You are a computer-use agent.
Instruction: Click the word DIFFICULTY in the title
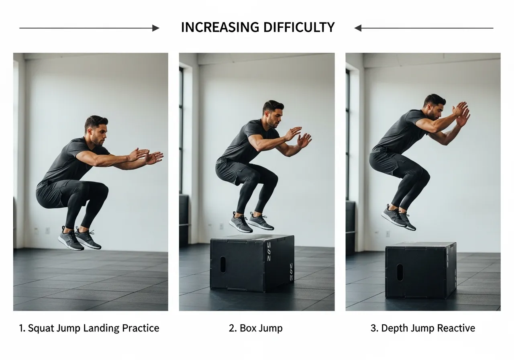tap(299, 27)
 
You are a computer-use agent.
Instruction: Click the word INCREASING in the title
tap(220, 27)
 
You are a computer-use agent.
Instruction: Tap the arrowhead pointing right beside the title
tap(155, 28)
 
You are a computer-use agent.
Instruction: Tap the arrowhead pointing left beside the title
tap(358, 28)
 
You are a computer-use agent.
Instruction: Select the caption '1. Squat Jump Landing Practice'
tap(89, 328)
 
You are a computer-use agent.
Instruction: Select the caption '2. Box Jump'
tap(256, 328)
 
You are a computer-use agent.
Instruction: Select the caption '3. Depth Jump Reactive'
tap(423, 328)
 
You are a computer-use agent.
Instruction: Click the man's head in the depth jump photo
tap(435, 106)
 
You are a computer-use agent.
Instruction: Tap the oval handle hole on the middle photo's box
tap(223, 264)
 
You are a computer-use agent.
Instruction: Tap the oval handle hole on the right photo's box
tap(400, 272)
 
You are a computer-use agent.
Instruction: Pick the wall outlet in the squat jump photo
tap(47, 230)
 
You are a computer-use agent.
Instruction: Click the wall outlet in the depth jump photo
tap(388, 234)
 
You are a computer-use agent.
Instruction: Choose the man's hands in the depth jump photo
tap(461, 114)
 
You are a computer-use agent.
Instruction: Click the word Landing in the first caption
tap(101, 329)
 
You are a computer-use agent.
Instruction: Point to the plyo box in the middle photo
tap(252, 263)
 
